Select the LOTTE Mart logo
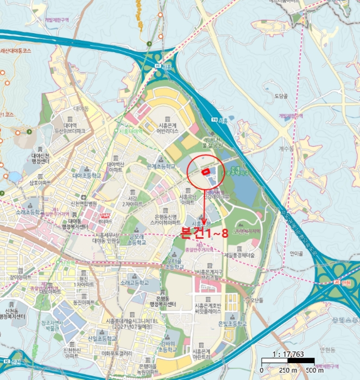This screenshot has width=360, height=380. (x=105, y=215)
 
